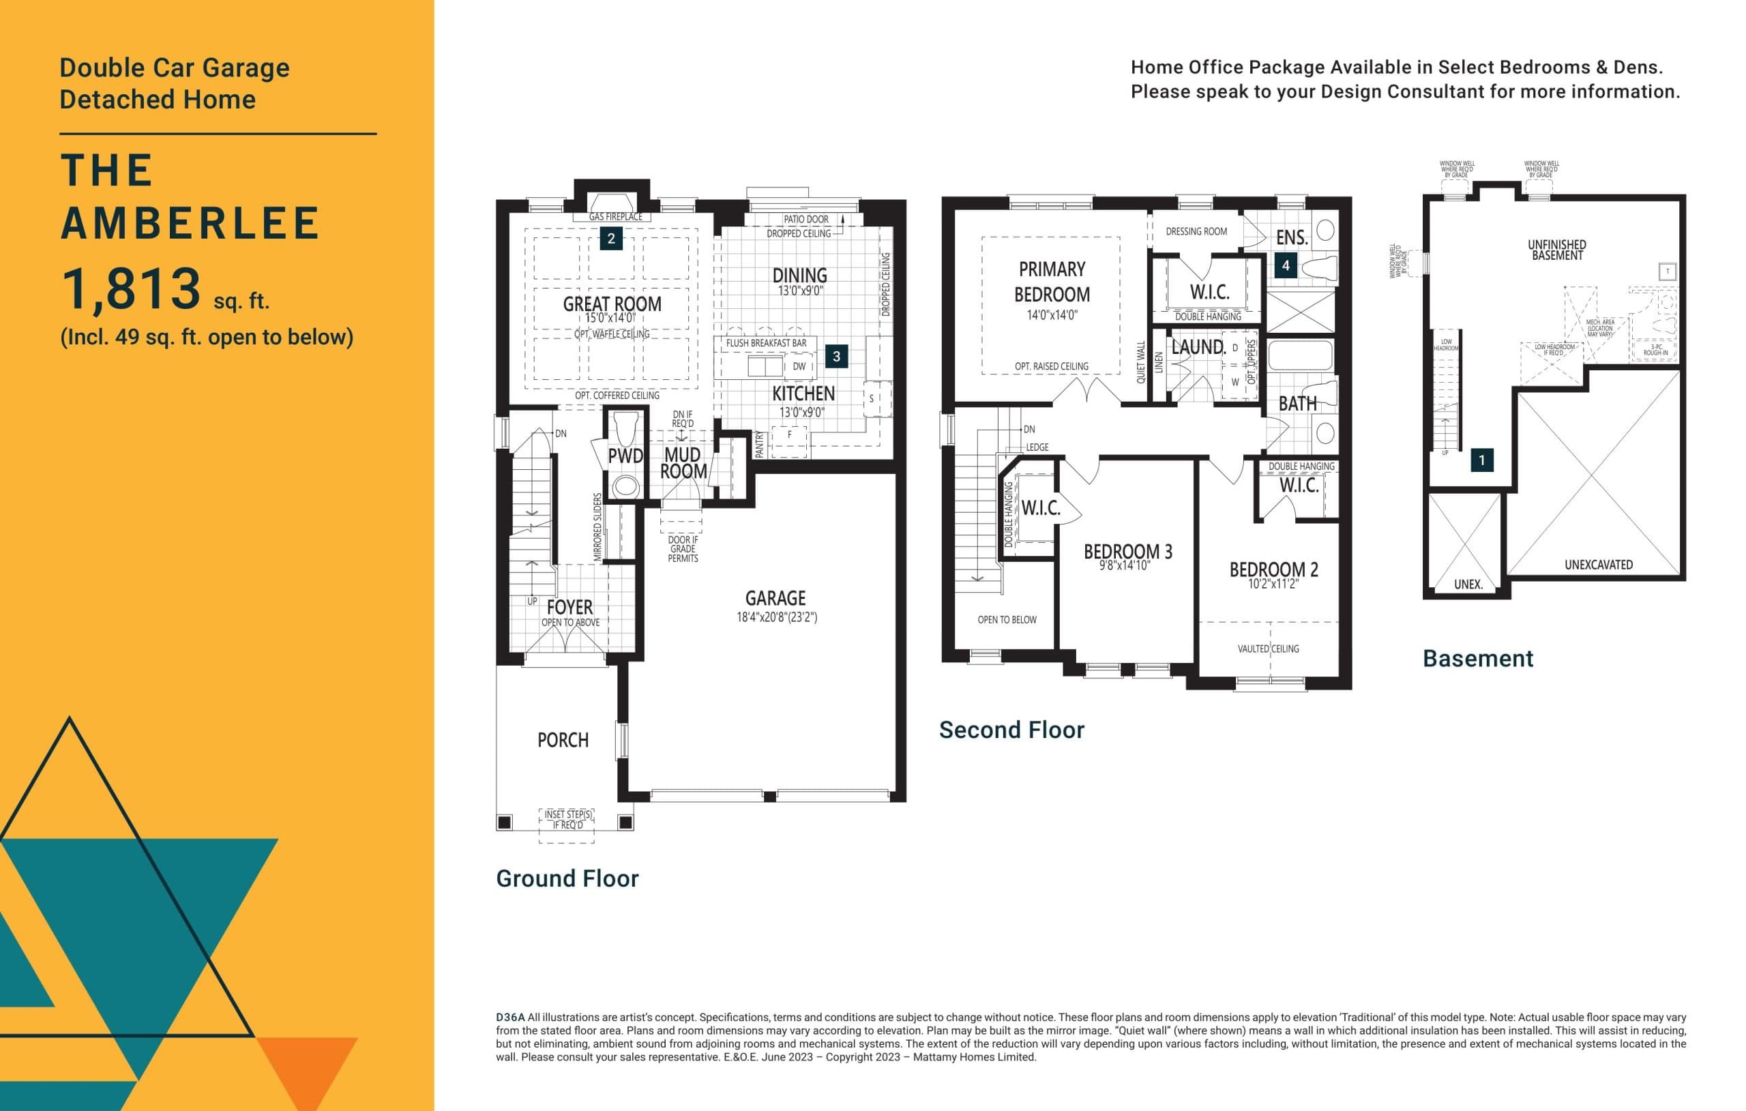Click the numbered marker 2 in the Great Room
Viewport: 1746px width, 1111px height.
(611, 239)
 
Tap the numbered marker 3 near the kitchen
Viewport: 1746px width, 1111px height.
(836, 356)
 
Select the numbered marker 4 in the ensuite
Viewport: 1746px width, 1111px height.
(1286, 265)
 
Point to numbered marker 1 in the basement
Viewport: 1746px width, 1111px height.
(1481, 460)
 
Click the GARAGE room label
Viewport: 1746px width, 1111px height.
(775, 598)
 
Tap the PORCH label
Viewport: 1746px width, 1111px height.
(563, 741)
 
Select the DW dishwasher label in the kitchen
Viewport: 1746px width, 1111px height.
(799, 366)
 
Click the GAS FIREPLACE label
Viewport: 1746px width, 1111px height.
(615, 217)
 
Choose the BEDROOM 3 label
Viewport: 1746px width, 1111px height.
(1127, 552)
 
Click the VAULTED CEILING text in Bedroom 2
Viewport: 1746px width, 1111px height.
(1268, 649)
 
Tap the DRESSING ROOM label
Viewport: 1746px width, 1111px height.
(1196, 231)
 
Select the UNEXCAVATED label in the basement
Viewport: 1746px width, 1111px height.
(1598, 565)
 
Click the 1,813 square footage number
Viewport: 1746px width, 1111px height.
(131, 288)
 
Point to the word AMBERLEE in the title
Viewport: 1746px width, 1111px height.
(190, 224)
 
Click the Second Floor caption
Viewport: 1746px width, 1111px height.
(1011, 730)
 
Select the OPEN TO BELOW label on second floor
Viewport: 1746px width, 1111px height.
(1007, 620)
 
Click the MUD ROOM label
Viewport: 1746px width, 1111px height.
(683, 462)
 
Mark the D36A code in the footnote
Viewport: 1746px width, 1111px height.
(509, 1018)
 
